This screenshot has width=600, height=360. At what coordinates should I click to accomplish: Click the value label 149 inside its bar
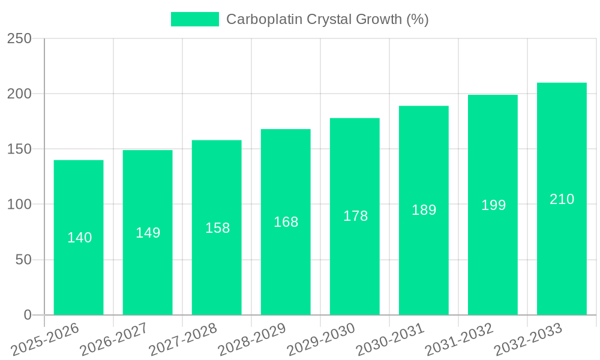[x=148, y=233]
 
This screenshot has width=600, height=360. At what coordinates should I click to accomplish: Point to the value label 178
[x=355, y=216]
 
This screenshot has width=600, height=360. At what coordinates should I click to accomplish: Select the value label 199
[x=493, y=205]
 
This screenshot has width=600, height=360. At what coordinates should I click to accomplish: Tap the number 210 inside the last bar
[x=562, y=199]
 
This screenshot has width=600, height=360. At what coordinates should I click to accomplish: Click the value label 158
[x=217, y=228]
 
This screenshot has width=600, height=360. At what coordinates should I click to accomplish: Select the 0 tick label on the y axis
[x=27, y=315]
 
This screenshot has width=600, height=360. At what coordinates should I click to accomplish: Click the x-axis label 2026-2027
[x=114, y=339]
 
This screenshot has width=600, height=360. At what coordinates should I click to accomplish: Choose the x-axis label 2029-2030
[x=321, y=339]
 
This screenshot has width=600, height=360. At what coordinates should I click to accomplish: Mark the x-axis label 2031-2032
[x=459, y=339]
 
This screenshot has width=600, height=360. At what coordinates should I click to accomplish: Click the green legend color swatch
[x=195, y=19]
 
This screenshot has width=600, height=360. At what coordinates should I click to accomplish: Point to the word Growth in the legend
[x=378, y=19]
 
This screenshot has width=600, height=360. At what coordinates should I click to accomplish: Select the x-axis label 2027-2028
[x=183, y=339]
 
